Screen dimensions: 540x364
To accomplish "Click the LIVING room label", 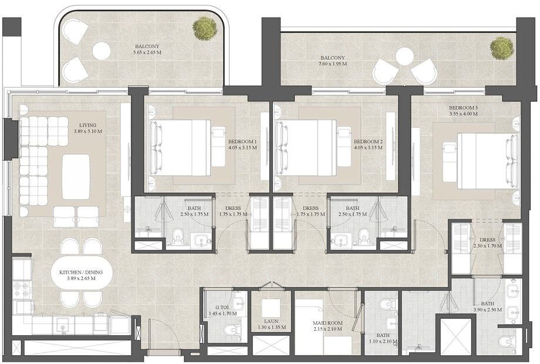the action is tap(87, 125).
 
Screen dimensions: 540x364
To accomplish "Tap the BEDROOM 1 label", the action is tap(242, 142).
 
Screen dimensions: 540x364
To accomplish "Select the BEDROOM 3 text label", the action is tap(463, 108).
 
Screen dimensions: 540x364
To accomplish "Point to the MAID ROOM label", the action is tap(328, 323).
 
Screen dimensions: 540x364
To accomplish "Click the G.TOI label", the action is tap(222, 308).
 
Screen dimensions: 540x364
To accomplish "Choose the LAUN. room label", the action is tap(271, 321).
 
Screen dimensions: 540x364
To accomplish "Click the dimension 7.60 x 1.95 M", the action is tap(332, 64).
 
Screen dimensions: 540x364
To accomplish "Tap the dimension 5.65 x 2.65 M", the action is tap(147, 53).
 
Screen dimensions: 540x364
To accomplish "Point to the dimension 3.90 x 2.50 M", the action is tap(487, 309).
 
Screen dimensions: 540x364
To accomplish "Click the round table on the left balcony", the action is tap(101, 51).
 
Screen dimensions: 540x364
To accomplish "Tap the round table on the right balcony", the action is tap(404, 56).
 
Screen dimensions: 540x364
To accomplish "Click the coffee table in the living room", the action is tap(76, 176).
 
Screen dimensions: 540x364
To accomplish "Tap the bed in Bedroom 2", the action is tap(309, 148).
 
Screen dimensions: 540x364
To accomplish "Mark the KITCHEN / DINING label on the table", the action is tap(81, 272).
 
